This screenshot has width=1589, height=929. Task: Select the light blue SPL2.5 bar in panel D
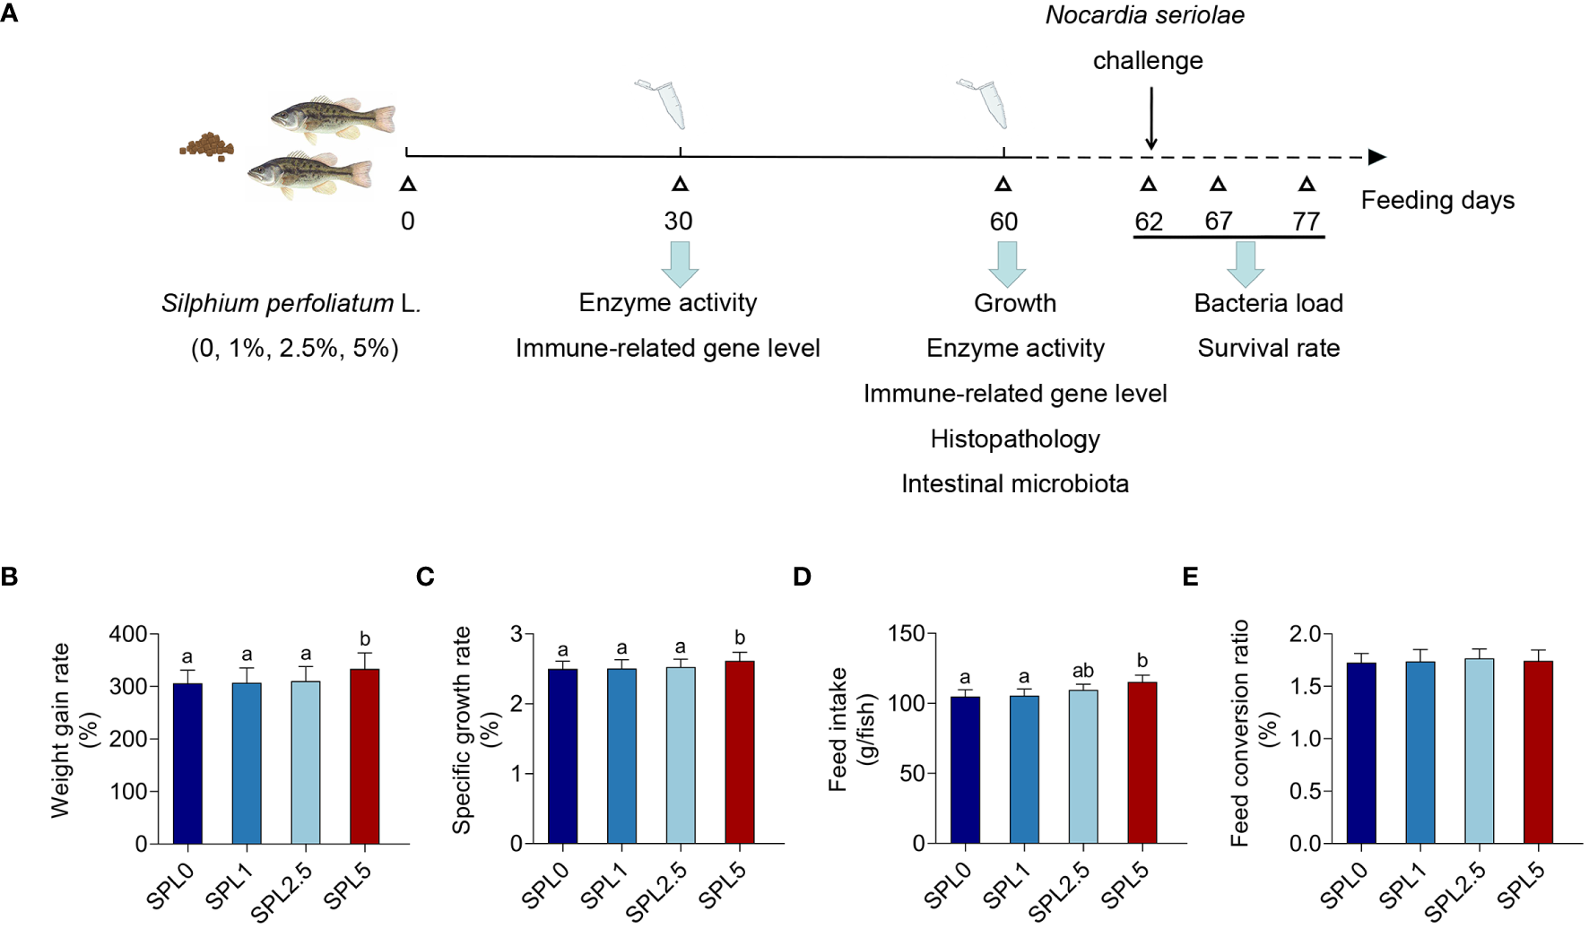coord(1083,767)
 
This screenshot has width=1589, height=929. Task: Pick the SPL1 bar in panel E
coord(1420,752)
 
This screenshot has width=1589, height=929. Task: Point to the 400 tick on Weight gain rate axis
coord(127,634)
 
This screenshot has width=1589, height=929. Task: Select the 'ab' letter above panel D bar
coord(1083,671)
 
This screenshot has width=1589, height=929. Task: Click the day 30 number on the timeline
coord(678,221)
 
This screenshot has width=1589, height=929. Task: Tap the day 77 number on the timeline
coord(1306,221)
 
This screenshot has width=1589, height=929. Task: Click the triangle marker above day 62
coord(1148,184)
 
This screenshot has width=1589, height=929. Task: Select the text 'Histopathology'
coord(1014,438)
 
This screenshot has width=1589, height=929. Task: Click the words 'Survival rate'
coord(1268,348)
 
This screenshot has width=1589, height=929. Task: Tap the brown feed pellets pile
coord(208,145)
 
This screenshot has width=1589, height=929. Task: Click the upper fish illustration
coord(333,118)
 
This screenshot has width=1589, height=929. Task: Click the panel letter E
coord(1190,576)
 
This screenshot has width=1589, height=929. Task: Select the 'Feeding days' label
coord(1437,200)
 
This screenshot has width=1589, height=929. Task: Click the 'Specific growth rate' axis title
coord(461,730)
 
